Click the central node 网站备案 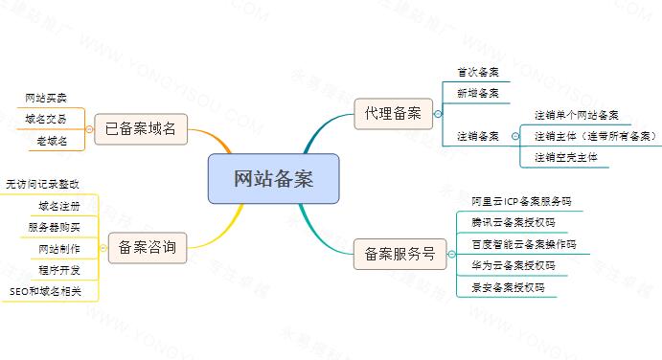click(273, 178)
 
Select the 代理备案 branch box click(393, 114)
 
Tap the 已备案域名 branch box click(141, 128)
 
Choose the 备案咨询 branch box click(147, 248)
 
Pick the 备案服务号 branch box click(399, 254)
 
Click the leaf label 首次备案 click(478, 72)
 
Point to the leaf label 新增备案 click(478, 93)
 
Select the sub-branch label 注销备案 click(478, 136)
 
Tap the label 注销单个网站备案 click(577, 115)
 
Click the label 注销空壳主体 click(566, 158)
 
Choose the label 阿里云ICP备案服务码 click(521, 202)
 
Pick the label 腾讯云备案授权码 click(513, 223)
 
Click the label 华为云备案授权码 click(513, 266)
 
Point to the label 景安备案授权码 click(508, 288)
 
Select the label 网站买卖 click(46, 99)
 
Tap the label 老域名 click(52, 141)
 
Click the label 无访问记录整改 click(42, 185)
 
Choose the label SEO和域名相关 click(45, 292)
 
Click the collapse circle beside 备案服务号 click(452, 254)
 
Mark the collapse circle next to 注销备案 click(515, 136)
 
